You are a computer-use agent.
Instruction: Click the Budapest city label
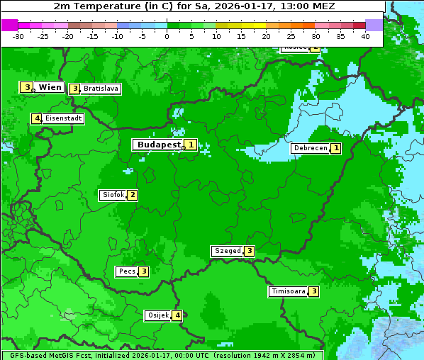159,145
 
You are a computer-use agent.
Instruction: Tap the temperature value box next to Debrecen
336,149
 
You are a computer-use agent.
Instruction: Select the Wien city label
50,87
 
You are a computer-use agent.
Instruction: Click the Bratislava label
101,89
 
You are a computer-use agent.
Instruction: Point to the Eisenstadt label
64,118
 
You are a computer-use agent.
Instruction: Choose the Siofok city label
113,195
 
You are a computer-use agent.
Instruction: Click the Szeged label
228,251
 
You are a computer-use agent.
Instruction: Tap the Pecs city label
128,271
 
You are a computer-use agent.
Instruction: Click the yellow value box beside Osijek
178,315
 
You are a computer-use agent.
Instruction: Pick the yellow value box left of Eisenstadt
36,118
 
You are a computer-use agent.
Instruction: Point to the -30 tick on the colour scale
18,36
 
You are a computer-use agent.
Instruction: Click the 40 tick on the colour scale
365,36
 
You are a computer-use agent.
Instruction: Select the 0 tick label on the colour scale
167,36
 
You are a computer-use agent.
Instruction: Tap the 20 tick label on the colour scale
266,36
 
